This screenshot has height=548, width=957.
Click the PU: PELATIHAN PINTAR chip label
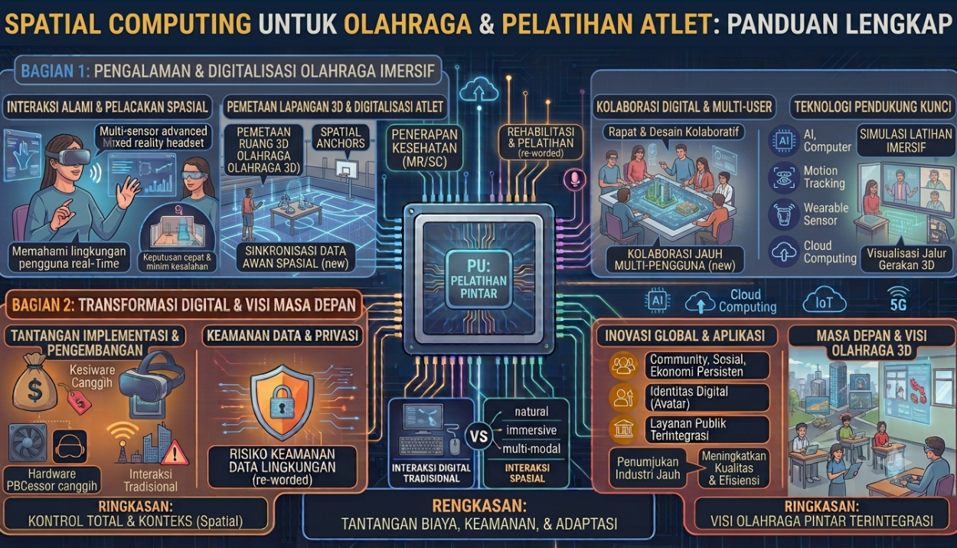pyautogui.click(x=478, y=279)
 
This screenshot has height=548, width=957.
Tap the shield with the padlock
pyautogui.click(x=282, y=402)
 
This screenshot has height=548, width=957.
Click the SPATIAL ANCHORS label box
pyautogui.click(x=341, y=137)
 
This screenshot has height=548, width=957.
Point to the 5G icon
pyautogui.click(x=898, y=299)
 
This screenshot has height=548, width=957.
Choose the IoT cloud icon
pyautogui.click(x=824, y=302)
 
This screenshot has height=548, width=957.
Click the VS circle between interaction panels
pyautogui.click(x=478, y=436)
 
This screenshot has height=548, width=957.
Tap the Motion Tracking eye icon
pyautogui.click(x=783, y=177)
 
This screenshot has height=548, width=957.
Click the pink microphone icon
pyautogui.click(x=574, y=178)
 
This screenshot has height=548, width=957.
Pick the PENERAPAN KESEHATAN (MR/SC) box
pyautogui.click(x=424, y=148)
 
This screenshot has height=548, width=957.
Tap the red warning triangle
pyautogui.click(x=175, y=454)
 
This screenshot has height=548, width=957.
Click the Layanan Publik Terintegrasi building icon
pyautogui.click(x=623, y=429)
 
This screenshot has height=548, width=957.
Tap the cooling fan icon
pyautogui.click(x=28, y=444)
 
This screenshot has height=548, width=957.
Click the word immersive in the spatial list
pyautogui.click(x=531, y=430)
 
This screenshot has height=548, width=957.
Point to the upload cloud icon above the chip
pyautogui.click(x=478, y=90)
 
